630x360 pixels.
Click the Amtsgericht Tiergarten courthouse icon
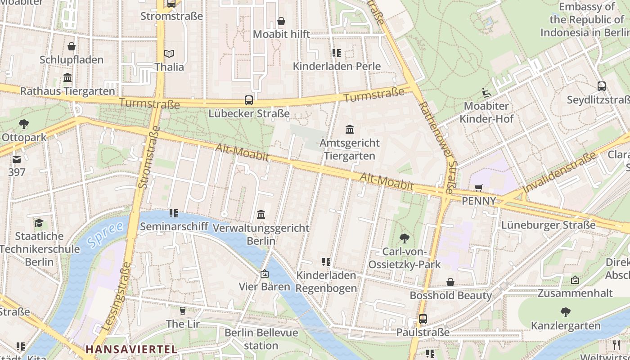[350, 130]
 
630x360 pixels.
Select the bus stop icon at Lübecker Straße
[249, 100]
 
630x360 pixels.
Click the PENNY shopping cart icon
[478, 188]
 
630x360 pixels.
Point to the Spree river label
[105, 234]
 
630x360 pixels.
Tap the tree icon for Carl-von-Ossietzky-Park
[405, 238]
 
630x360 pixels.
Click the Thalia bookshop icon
[169, 54]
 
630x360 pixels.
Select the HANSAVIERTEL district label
[131, 349]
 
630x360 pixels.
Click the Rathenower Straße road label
[438, 147]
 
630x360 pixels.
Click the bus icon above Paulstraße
[423, 319]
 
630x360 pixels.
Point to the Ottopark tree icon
[24, 124]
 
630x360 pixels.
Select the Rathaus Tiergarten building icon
[67, 78]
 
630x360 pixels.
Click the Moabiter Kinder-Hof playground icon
[486, 93]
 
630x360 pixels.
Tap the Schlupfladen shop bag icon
[71, 46]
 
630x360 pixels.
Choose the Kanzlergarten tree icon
[566, 312]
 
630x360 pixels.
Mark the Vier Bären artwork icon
[265, 274]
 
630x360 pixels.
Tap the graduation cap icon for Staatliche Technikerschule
[39, 223]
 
